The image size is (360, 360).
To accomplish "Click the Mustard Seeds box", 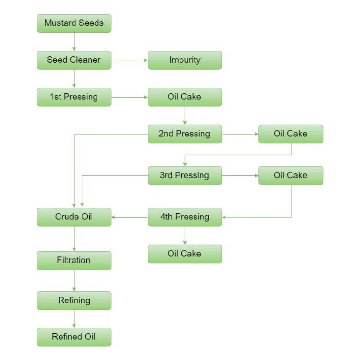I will coord(74,23).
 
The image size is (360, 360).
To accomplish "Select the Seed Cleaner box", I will coord(74,60).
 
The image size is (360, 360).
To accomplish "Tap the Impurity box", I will coord(185,60).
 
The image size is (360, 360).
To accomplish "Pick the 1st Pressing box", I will coord(74,97).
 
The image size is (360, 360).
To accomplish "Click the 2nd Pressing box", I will coord(185,134).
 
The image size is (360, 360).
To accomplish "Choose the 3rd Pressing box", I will coord(185,175).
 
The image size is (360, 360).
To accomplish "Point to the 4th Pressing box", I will coord(185,217).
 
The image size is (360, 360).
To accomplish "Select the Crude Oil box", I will coord(74,217).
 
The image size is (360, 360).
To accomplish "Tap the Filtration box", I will coord(74,260).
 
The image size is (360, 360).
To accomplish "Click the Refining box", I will coord(74,300).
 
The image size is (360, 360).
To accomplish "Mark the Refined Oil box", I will coord(74,337).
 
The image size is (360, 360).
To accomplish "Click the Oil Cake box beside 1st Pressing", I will coord(185,97).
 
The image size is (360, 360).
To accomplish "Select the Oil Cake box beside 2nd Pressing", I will coord(291,134).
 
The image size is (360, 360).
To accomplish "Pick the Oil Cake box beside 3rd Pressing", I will coord(291,175).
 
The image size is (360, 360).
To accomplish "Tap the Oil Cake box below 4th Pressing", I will coord(185,254).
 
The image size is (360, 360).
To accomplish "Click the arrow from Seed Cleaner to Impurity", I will coord(129,60).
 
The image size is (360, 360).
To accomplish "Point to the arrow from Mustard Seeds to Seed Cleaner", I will coord(74,42).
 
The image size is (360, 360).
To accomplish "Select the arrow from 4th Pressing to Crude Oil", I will coord(129,217).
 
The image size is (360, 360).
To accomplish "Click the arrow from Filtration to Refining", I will coord(74,280).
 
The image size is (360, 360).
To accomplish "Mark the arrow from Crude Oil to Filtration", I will coord(74,239).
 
